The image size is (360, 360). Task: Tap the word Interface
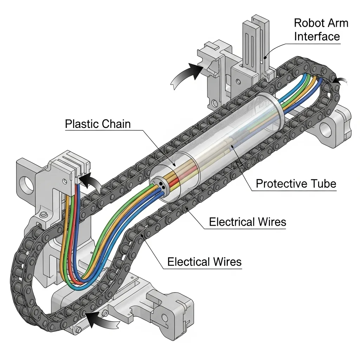(x=317, y=37)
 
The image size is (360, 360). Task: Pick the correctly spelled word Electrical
(x=231, y=222)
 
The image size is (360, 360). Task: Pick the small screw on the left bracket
(x=44, y=215)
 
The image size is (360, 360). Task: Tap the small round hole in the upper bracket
(x=239, y=82)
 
